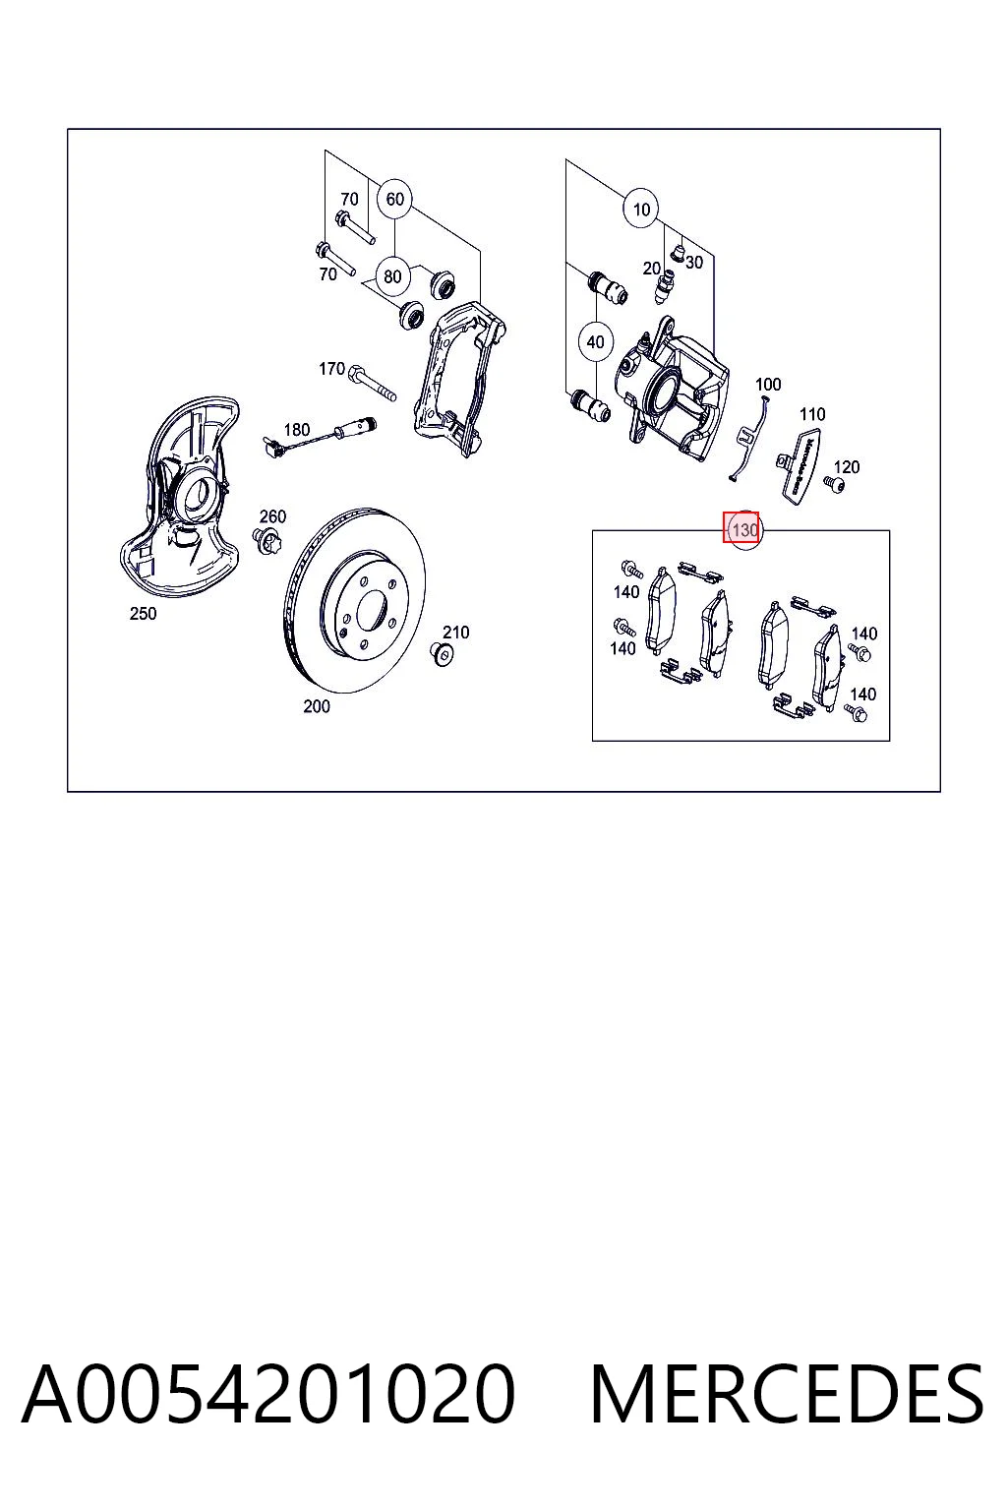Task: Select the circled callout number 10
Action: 641,210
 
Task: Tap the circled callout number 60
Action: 394,199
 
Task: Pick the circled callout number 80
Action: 393,276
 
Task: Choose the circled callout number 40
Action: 596,342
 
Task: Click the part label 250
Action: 143,614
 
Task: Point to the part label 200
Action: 317,706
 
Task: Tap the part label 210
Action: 456,633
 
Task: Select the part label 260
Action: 272,516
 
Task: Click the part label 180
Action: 297,430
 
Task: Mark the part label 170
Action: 331,369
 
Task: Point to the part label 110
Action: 812,414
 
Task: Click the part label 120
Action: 847,467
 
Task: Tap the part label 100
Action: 768,385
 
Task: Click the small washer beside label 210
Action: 442,654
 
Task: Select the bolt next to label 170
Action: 373,382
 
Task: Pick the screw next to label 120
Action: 834,484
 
